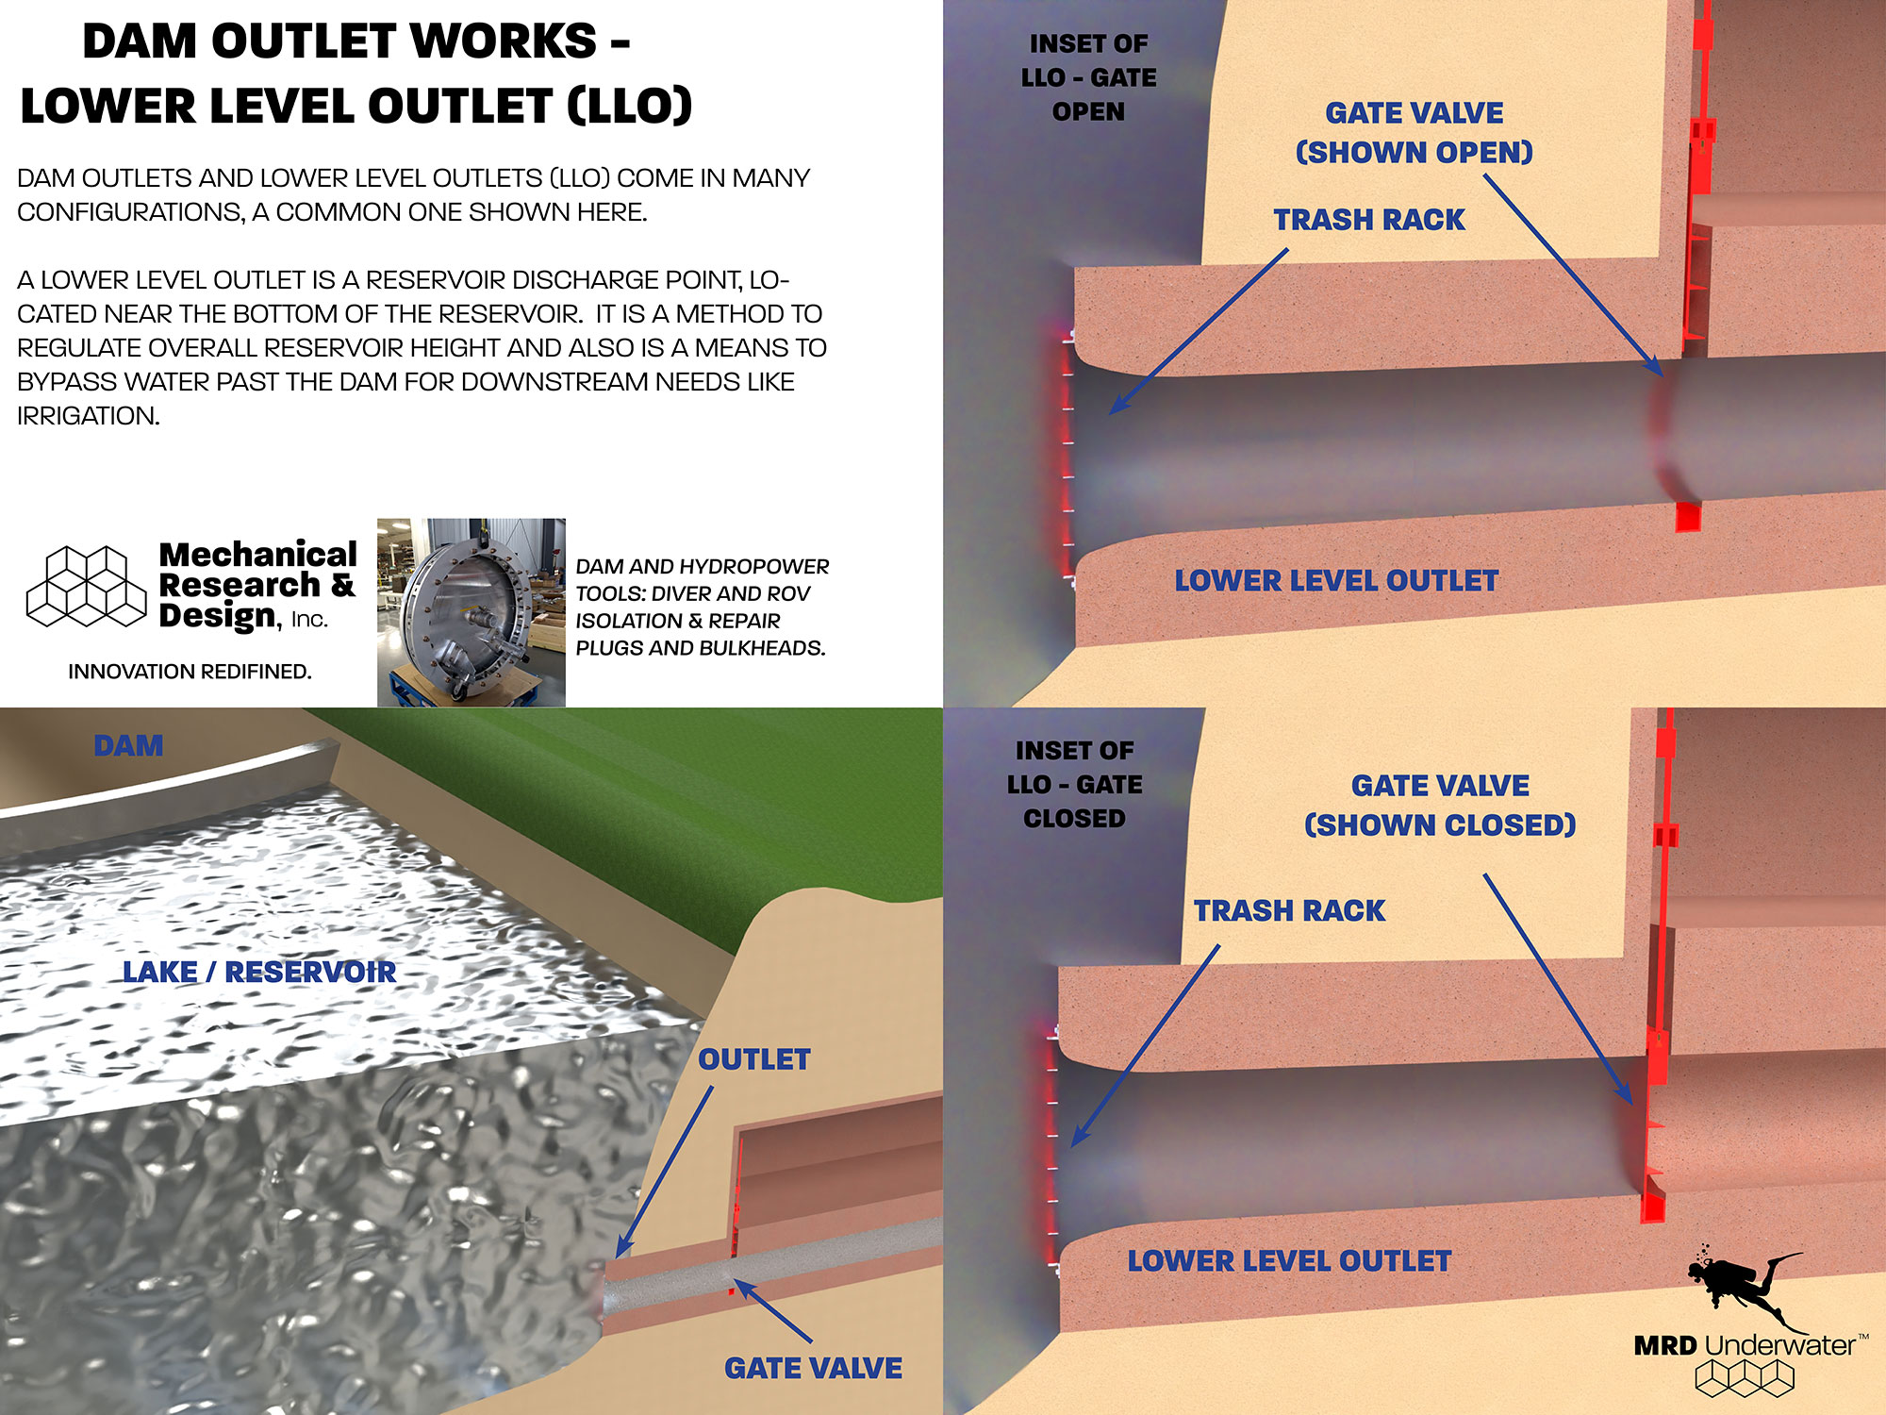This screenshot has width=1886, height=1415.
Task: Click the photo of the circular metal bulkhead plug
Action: tap(471, 612)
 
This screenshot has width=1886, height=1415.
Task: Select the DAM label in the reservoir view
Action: tap(128, 746)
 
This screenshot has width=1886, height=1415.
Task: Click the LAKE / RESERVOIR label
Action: tap(259, 973)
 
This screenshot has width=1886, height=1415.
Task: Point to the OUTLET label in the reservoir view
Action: tap(753, 1059)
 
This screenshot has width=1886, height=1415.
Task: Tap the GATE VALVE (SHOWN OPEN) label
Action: tap(1414, 132)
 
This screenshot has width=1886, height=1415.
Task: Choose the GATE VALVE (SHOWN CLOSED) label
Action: tap(1440, 805)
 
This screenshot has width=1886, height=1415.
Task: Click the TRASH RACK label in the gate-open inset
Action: tap(1369, 220)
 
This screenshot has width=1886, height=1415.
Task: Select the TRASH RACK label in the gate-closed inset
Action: tap(1289, 910)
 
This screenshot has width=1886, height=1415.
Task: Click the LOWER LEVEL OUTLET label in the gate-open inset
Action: tap(1336, 581)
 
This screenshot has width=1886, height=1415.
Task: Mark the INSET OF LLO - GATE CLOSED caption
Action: tap(1074, 784)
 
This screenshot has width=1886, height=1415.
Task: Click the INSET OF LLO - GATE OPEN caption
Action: tap(1088, 77)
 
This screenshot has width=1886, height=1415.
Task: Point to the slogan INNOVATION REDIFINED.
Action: tap(190, 672)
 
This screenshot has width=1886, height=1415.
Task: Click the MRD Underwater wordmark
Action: tap(1745, 1345)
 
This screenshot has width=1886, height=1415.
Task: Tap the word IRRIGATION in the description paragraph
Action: tap(88, 416)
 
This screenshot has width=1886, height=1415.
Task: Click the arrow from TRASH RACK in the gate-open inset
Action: tap(1198, 331)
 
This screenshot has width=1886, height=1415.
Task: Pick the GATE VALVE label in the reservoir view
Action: tap(813, 1368)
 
